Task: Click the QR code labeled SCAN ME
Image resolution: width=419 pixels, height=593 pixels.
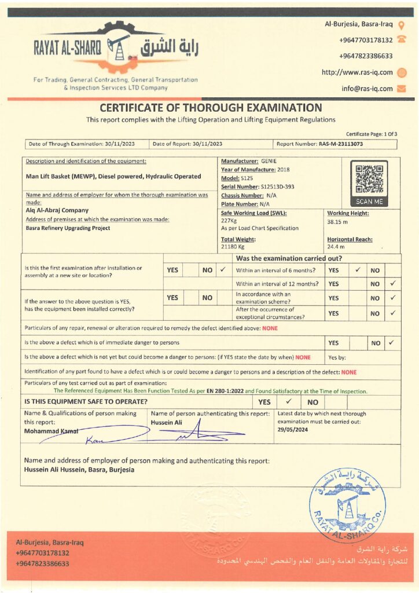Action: (369, 179)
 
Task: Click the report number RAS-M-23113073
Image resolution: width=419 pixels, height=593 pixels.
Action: (340, 144)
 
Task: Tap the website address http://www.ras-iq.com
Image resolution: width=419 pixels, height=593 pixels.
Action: (357, 72)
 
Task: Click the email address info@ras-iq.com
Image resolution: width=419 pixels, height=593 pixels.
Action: (367, 89)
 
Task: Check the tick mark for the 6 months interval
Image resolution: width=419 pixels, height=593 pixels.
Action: (357, 270)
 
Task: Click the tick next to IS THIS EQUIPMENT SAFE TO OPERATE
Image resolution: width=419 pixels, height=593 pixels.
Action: (289, 401)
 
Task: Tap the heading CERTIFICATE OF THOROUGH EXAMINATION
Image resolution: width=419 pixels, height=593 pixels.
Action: (211, 108)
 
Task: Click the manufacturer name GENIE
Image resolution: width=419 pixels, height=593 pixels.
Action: (269, 161)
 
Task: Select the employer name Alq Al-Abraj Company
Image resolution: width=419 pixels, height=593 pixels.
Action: (57, 210)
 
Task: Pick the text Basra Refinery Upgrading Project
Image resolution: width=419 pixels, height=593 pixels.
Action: (68, 228)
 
